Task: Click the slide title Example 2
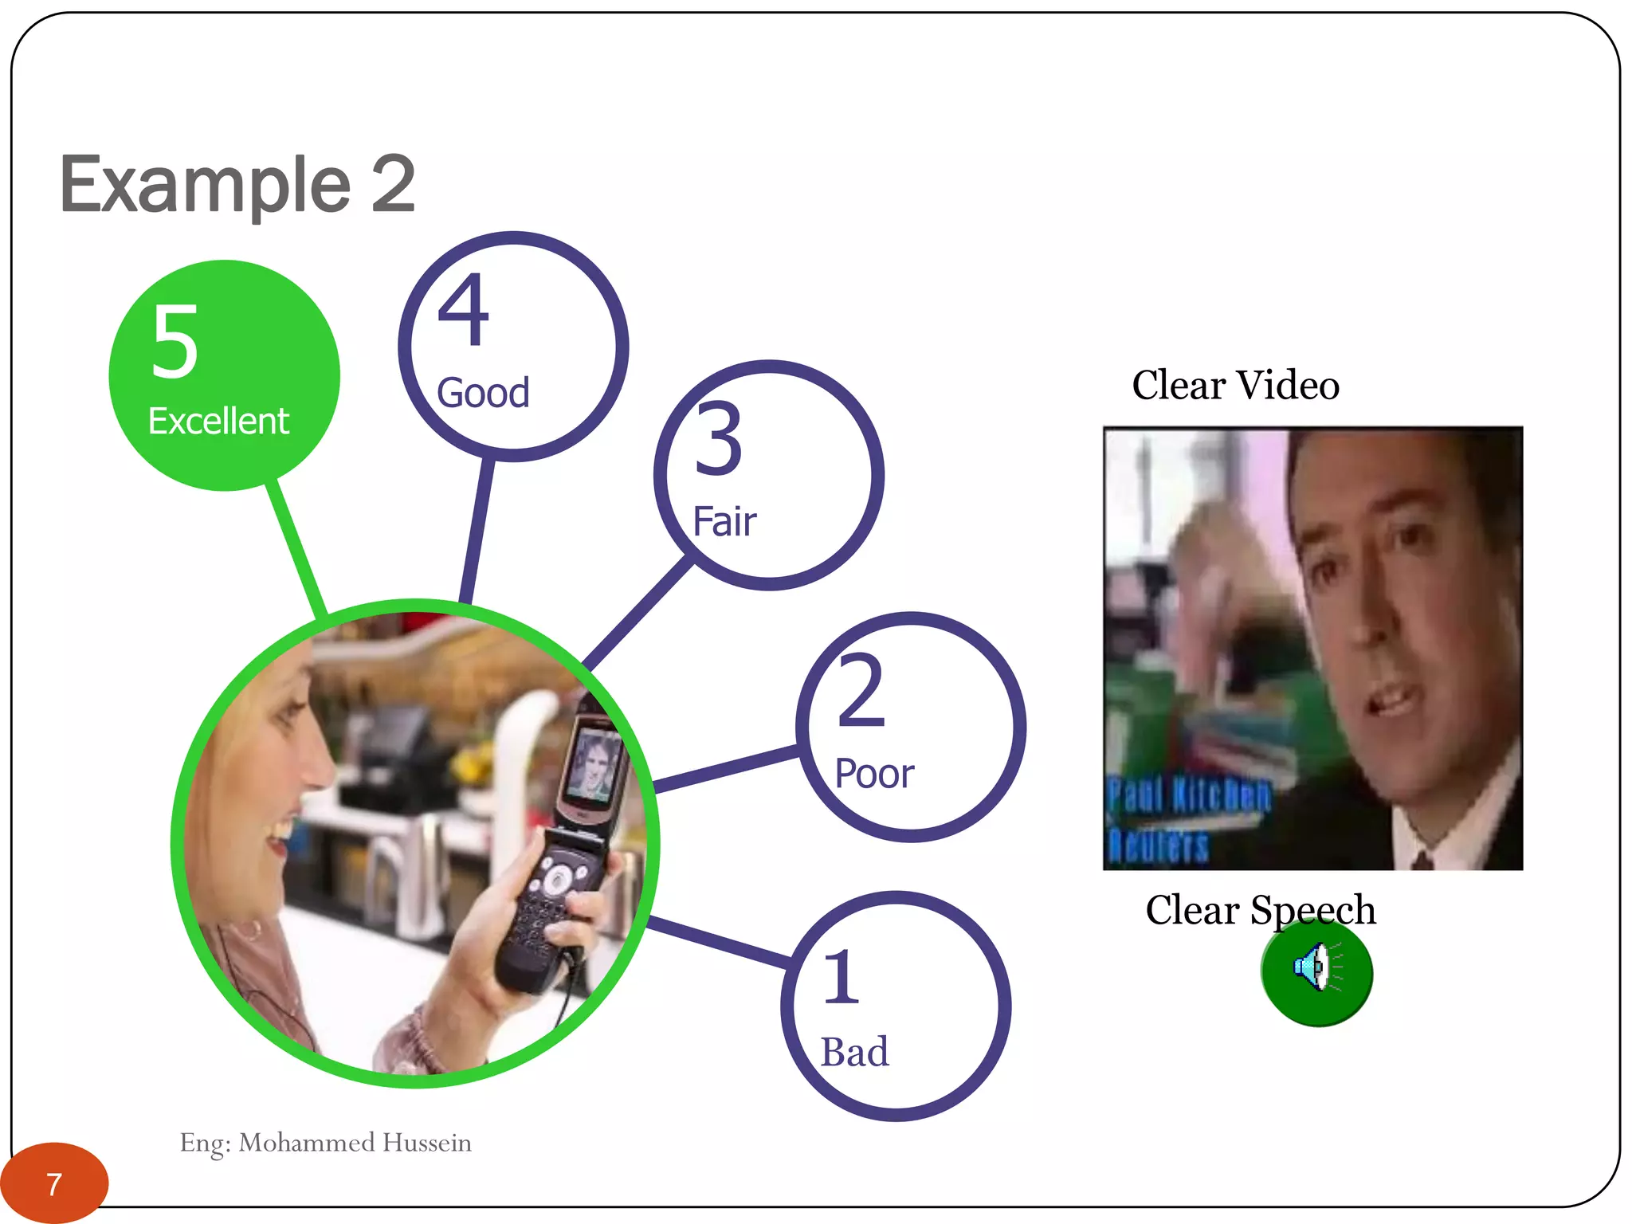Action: pyautogui.click(x=237, y=185)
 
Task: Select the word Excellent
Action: pyautogui.click(x=218, y=421)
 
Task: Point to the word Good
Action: pyautogui.click(x=483, y=393)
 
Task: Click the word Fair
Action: pyautogui.click(x=724, y=522)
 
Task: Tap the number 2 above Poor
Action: pyautogui.click(x=861, y=690)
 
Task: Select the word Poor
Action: pyautogui.click(x=874, y=774)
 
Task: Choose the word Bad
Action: pyautogui.click(x=854, y=1052)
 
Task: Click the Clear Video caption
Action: pyautogui.click(x=1235, y=386)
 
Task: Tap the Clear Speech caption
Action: pyautogui.click(x=1260, y=909)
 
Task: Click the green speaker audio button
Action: pyautogui.click(x=1316, y=972)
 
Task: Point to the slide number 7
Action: pyautogui.click(x=53, y=1184)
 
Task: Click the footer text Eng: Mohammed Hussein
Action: pyautogui.click(x=325, y=1143)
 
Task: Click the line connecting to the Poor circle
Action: pyautogui.click(x=725, y=770)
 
